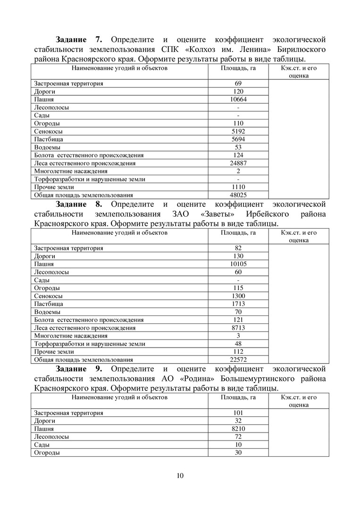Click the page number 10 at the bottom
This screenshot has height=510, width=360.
coord(180,475)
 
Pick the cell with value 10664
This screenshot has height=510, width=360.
coord(238,100)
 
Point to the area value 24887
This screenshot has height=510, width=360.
coord(238,163)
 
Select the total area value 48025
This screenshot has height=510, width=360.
coord(238,195)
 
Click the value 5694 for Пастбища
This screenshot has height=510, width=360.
coord(238,139)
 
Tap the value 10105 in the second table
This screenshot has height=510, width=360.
coord(238,264)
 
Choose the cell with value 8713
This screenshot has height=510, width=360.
coord(238,328)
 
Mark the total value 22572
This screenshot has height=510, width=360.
coord(238,359)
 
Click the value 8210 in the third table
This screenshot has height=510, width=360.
coord(238,429)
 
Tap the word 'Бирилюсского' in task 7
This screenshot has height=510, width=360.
coord(301,49)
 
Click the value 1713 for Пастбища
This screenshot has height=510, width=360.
coord(238,304)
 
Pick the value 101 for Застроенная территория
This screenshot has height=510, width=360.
coord(238,413)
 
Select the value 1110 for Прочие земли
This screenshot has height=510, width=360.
coord(238,187)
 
